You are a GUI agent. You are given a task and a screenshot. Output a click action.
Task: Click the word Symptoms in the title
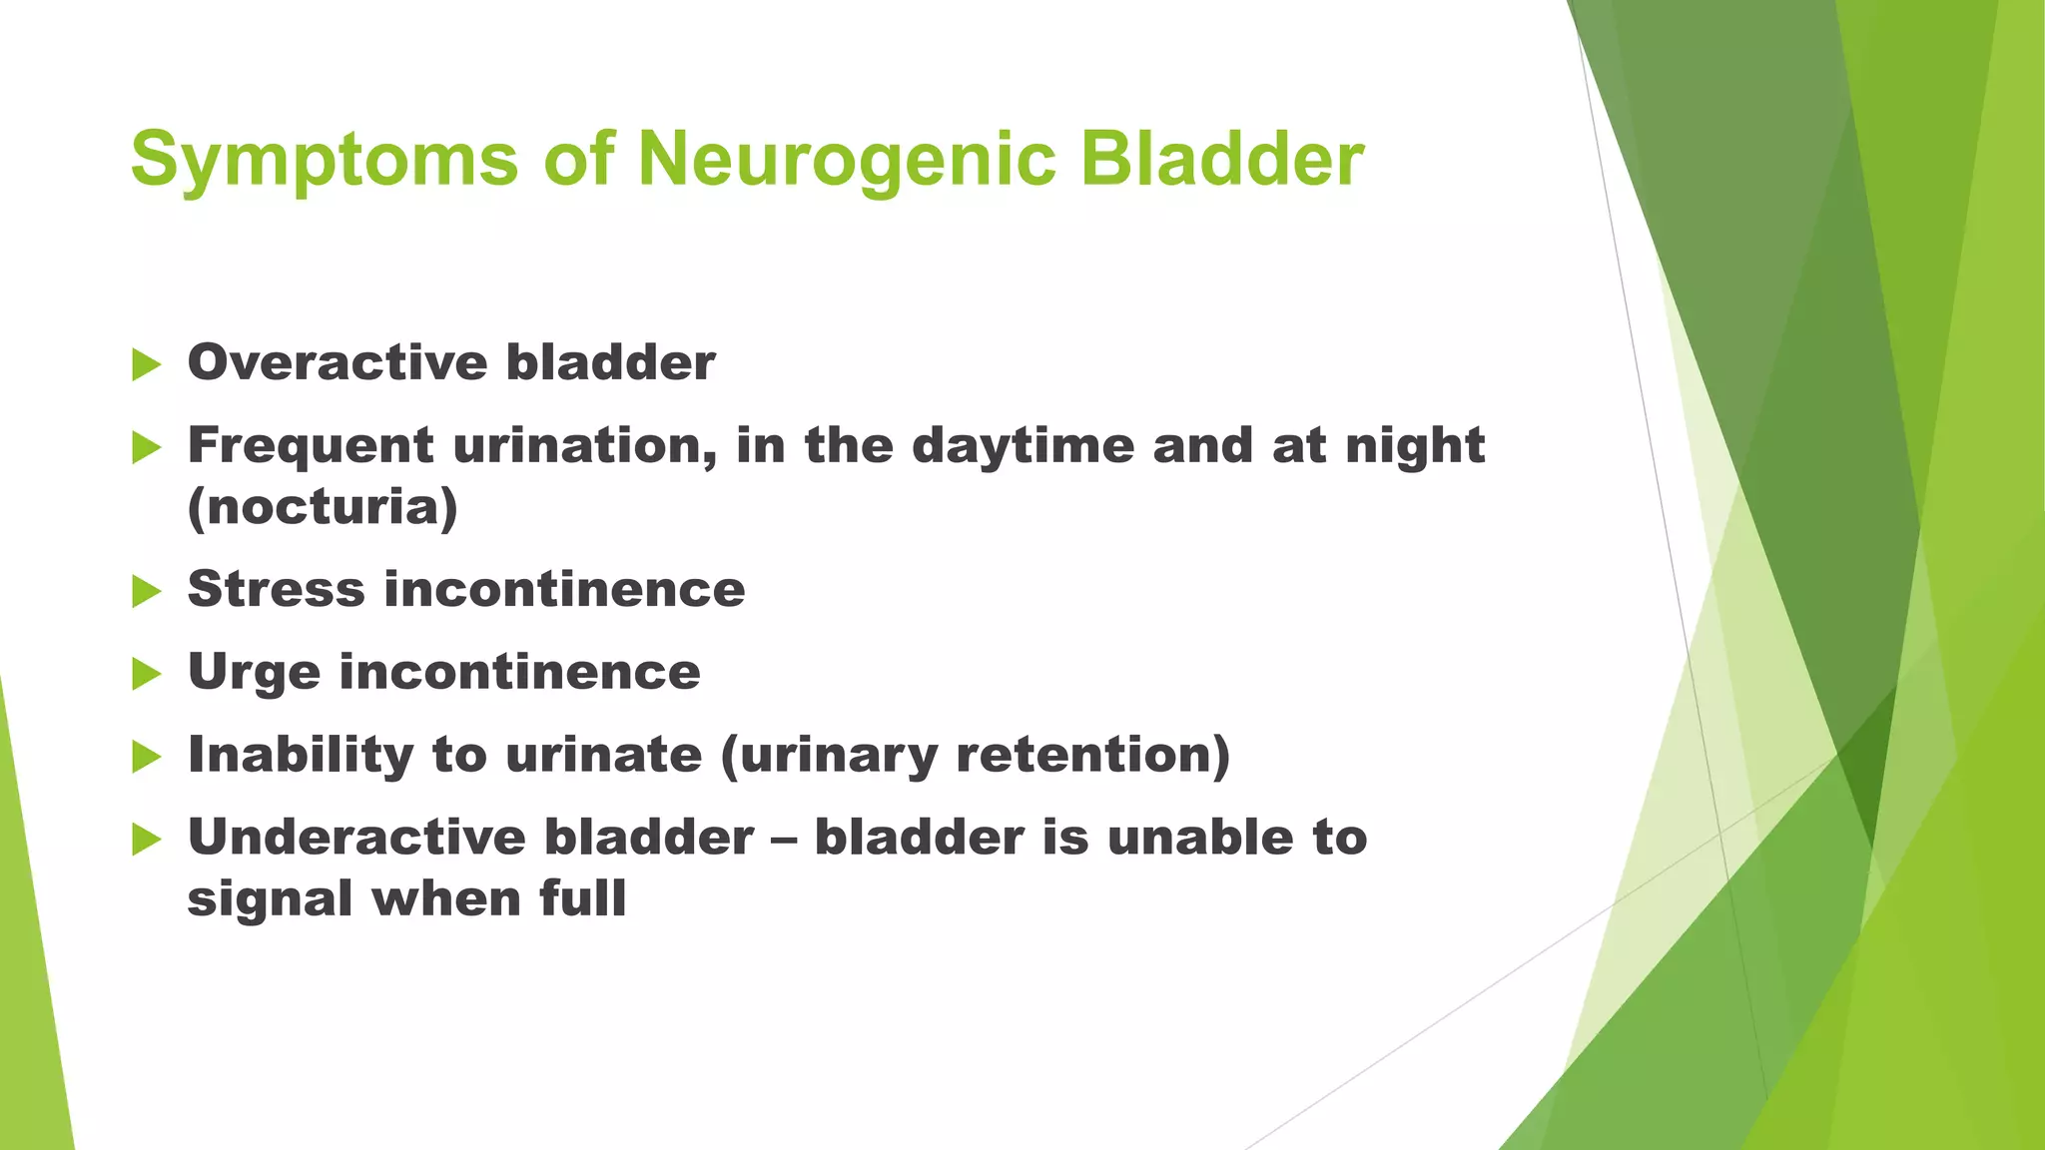[324, 160]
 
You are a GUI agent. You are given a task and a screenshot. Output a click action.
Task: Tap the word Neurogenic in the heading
[846, 160]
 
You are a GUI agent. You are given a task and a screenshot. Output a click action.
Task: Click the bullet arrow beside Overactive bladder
[146, 364]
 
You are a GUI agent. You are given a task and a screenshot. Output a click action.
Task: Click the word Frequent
[310, 445]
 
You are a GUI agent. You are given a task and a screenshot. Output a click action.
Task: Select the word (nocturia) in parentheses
[323, 507]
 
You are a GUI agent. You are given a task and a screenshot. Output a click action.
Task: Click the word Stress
[276, 589]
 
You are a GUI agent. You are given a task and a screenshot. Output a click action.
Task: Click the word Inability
[300, 755]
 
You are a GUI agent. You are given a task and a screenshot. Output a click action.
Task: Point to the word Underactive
[355, 837]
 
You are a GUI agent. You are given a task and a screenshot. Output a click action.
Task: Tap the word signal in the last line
[270, 898]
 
